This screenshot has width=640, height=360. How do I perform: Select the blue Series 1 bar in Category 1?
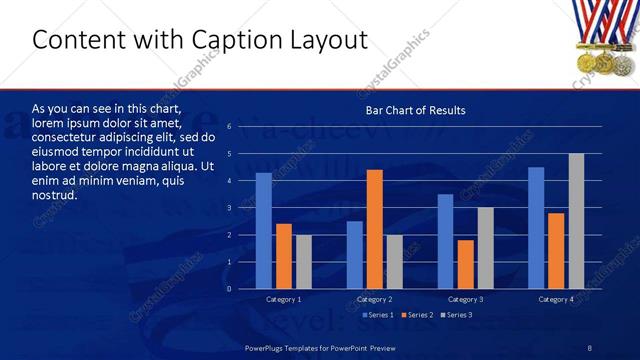(x=264, y=231)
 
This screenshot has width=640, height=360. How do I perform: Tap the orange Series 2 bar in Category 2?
(x=375, y=229)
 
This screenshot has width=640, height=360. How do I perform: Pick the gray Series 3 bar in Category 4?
(x=576, y=221)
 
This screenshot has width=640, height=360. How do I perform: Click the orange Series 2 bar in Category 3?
(x=465, y=264)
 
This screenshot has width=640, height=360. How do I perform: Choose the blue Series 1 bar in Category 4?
(x=536, y=228)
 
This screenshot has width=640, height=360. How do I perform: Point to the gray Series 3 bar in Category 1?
(x=304, y=262)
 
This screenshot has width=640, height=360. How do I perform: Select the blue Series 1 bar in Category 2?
(x=355, y=255)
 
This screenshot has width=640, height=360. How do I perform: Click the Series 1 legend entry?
(x=377, y=315)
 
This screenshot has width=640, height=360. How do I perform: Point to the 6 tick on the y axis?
(x=229, y=127)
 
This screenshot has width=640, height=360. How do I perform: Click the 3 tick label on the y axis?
(x=229, y=208)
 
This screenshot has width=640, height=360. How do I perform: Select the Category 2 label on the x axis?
(x=374, y=300)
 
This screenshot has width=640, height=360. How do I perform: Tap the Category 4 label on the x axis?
(x=556, y=300)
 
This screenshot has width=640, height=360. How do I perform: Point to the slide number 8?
(x=590, y=347)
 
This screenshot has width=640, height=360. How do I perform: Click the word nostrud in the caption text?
(x=55, y=195)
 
